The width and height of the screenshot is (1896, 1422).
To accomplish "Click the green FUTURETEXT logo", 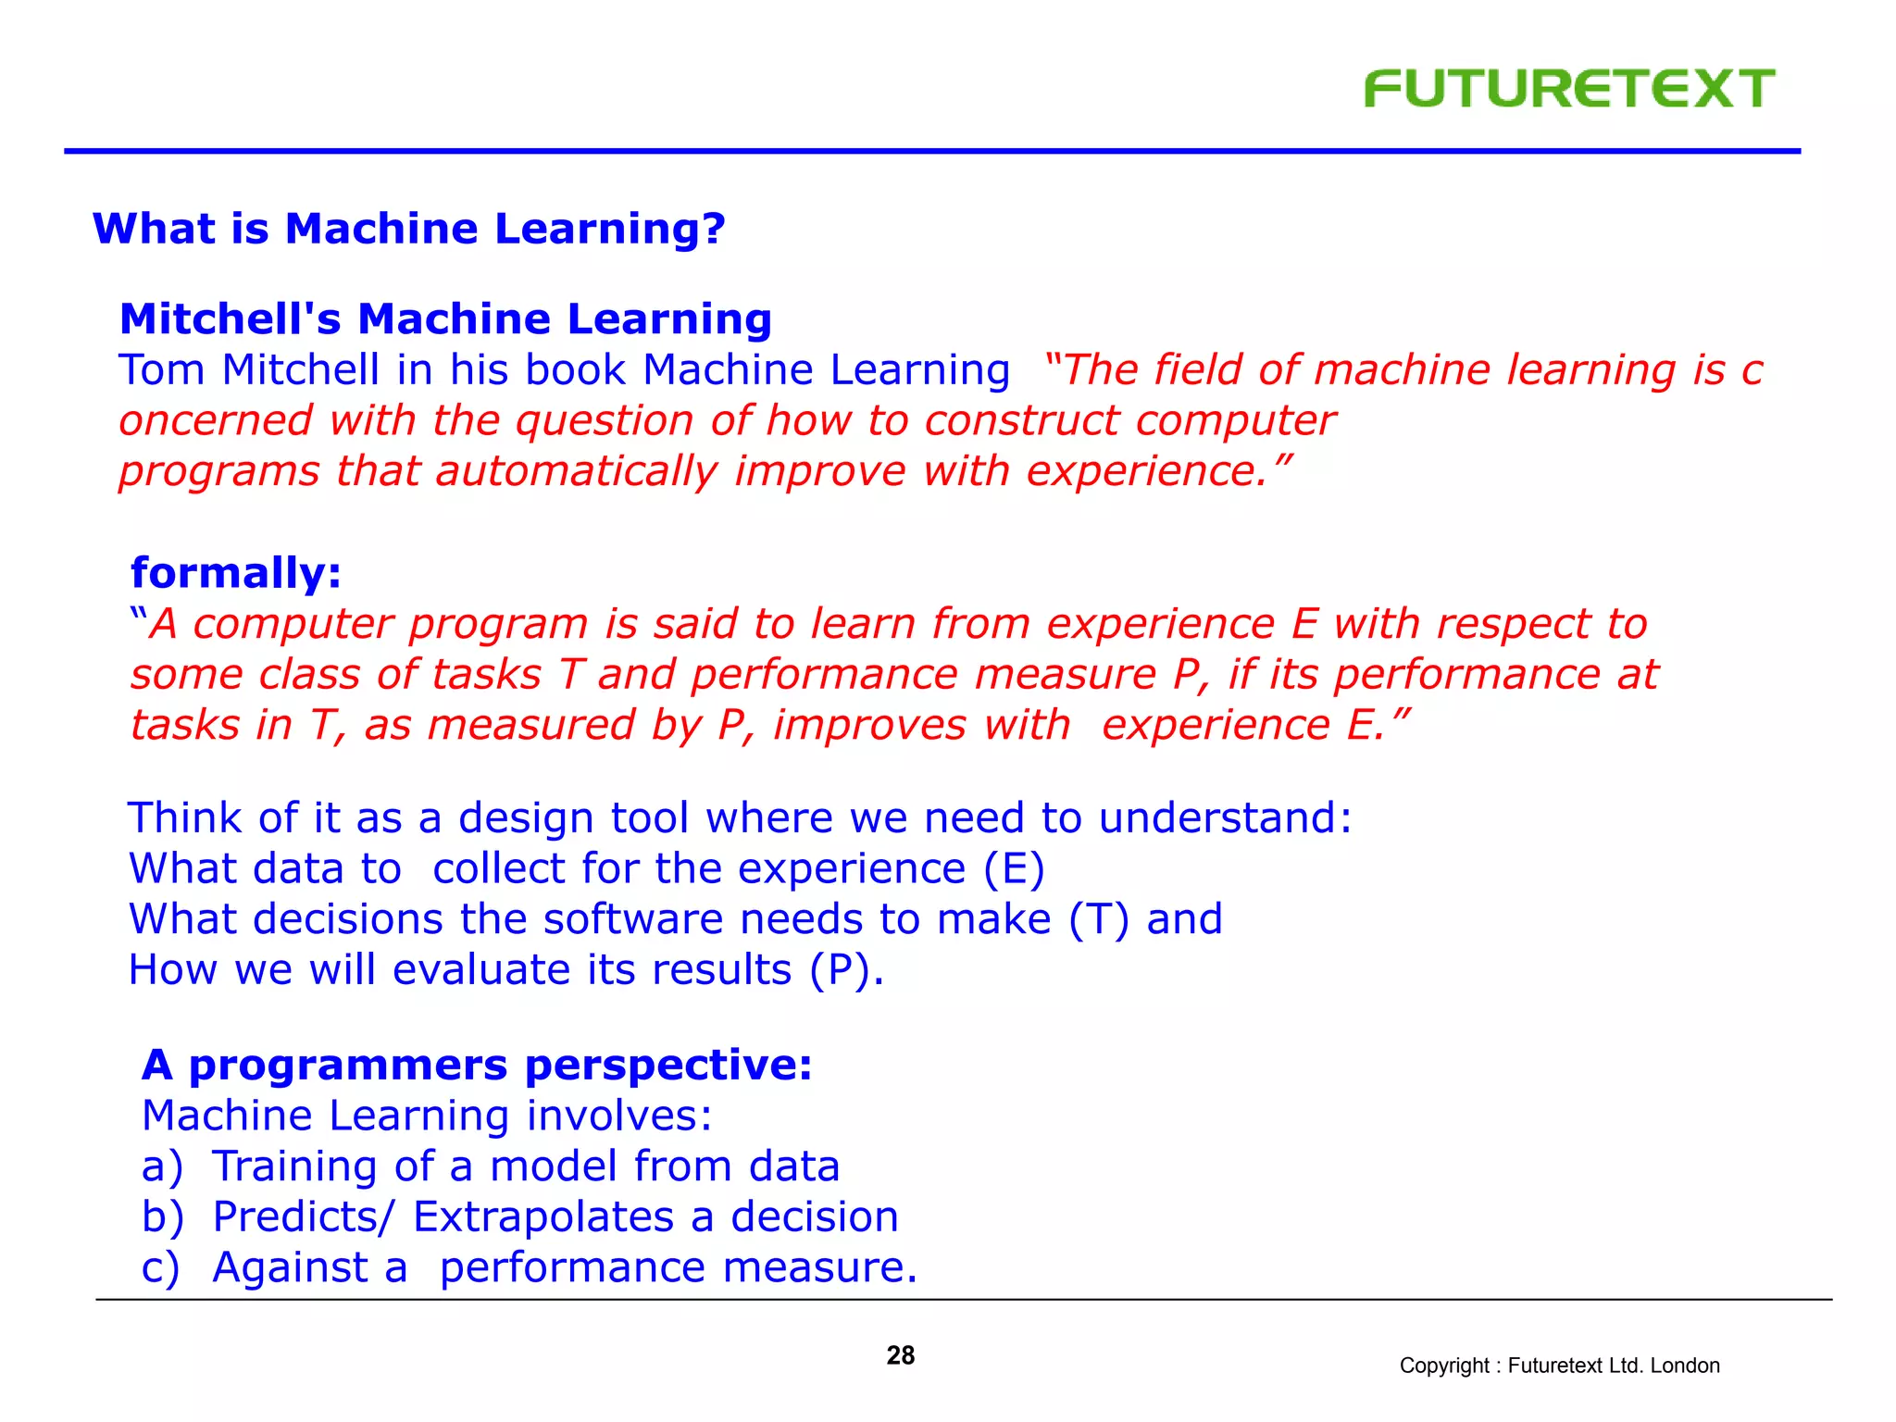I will (x=1569, y=89).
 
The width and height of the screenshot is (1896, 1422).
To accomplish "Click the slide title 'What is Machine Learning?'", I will (x=408, y=229).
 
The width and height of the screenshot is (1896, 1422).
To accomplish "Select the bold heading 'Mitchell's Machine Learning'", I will (x=445, y=319).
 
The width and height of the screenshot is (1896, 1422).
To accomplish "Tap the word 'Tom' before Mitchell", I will (x=161, y=370).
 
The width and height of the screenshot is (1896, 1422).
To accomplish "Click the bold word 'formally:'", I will (x=236, y=573).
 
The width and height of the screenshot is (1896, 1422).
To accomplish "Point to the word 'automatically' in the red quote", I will (x=576, y=471).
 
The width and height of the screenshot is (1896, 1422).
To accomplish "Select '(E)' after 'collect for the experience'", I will (x=1014, y=869).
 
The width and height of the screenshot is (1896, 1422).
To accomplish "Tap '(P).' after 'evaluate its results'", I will (x=846, y=970).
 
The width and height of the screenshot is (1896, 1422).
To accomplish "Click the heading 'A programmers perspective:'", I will (x=477, y=1066).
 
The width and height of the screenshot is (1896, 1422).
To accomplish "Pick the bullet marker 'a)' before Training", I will (x=162, y=1166).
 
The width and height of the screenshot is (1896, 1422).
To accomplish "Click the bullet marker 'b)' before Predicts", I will (x=162, y=1217).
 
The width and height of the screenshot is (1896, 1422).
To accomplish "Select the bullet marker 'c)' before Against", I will (x=160, y=1268).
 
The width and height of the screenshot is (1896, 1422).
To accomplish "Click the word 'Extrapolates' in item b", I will (x=543, y=1217).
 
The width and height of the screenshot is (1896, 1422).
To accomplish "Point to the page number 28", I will (x=900, y=1355).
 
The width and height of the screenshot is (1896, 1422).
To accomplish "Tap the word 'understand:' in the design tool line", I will (x=1225, y=818).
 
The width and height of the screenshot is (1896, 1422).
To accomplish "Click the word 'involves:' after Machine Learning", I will (x=619, y=1116).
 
